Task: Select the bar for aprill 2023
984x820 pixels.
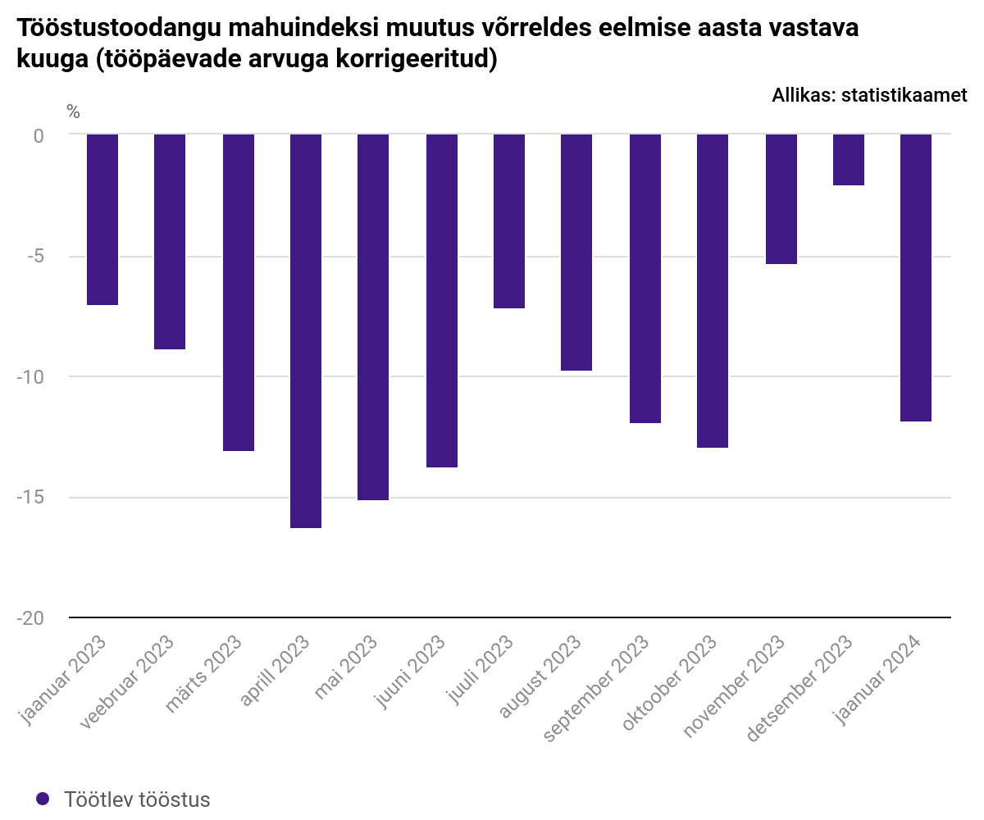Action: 305,330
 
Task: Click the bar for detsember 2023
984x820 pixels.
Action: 848,160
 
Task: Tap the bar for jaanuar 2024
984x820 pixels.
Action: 916,278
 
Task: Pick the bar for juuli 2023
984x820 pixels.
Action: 509,221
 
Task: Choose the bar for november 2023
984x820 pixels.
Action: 781,199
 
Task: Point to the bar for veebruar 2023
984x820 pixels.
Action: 170,242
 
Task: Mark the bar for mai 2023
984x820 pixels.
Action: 373,317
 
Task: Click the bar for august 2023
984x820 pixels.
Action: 576,252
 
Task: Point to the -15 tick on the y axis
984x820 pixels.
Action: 30,497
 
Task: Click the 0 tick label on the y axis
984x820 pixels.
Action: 39,136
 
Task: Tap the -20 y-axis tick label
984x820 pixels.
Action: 30,617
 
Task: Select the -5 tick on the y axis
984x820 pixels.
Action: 35,256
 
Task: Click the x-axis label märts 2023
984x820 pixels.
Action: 203,674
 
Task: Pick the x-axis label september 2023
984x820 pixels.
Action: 595,689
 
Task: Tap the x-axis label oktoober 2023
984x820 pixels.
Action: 669,683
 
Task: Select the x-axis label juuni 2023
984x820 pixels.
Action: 409,671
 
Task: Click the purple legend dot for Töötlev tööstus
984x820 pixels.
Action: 43,799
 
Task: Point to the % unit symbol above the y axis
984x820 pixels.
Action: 73,112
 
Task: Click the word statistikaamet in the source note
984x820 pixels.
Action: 904,95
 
